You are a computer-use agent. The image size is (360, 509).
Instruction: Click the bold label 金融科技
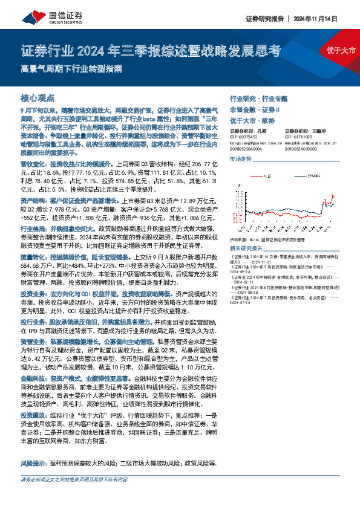tap(33, 375)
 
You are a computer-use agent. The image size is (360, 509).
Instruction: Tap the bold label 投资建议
tap(33, 417)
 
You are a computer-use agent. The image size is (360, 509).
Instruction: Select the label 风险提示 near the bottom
tap(33, 464)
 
